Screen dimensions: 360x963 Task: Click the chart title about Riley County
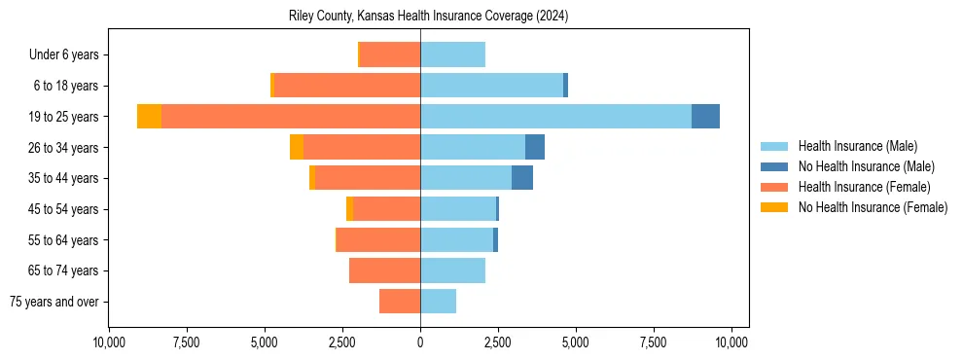click(x=429, y=17)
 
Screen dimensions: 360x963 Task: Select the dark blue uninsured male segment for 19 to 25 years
click(x=705, y=117)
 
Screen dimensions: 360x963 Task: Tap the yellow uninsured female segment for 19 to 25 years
click(x=149, y=117)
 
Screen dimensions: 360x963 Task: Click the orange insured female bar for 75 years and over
click(x=400, y=302)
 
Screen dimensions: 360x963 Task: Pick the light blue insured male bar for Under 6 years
click(x=452, y=54)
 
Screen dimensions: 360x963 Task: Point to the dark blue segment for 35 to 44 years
click(x=522, y=178)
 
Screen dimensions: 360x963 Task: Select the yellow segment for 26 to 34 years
click(x=297, y=147)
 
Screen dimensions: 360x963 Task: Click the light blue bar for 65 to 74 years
click(x=452, y=270)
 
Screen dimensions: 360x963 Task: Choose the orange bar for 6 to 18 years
click(x=347, y=86)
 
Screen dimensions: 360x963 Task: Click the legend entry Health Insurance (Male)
click(x=857, y=146)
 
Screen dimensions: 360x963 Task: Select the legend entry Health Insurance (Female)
click(x=864, y=187)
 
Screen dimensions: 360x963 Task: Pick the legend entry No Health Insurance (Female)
click(x=873, y=207)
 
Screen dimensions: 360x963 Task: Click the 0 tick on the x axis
click(x=420, y=342)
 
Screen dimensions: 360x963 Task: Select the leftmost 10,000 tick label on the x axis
click(x=108, y=342)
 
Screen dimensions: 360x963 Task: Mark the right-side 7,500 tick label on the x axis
click(x=654, y=342)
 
